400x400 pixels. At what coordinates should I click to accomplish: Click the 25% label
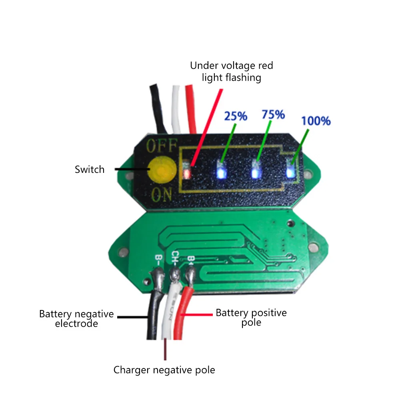(236, 116)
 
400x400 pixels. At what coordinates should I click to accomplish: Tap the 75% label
(273, 114)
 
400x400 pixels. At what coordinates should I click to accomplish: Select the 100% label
(316, 120)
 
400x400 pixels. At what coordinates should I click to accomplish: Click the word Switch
(90, 169)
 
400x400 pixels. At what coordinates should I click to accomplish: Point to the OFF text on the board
(161, 146)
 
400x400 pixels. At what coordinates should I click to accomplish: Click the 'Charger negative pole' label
(164, 370)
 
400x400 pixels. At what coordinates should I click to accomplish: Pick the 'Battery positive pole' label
(251, 317)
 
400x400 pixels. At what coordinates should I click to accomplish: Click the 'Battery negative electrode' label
(76, 319)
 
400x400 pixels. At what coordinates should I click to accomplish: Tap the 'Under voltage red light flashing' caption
(232, 71)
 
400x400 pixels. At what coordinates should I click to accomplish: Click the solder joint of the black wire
(156, 276)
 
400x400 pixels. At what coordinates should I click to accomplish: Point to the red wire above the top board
(191, 108)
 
